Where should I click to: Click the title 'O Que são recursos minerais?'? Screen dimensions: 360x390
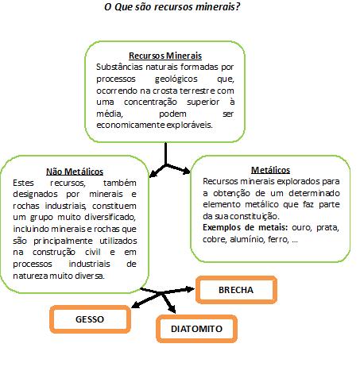tap(172, 7)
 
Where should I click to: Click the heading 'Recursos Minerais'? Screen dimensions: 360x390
tap(165, 56)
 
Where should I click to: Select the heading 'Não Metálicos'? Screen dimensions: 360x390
tap(75, 172)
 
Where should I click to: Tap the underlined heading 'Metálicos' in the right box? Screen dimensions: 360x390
tap(270, 170)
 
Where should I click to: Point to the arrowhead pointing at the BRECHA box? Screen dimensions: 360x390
tap(191, 289)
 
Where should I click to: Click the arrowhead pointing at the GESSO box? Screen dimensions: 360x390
tap(136, 305)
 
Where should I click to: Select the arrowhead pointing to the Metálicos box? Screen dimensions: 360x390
tap(186, 171)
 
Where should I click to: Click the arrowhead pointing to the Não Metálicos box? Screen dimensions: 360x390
tap(154, 173)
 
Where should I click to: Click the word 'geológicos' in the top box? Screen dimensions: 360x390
tap(176, 79)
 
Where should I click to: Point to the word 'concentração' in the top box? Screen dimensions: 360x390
tap(150, 102)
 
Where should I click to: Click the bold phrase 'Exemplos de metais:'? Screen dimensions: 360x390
tap(246, 227)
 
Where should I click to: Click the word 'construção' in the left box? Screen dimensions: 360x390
tap(54, 252)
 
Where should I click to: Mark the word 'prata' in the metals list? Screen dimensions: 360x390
tap(327, 228)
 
